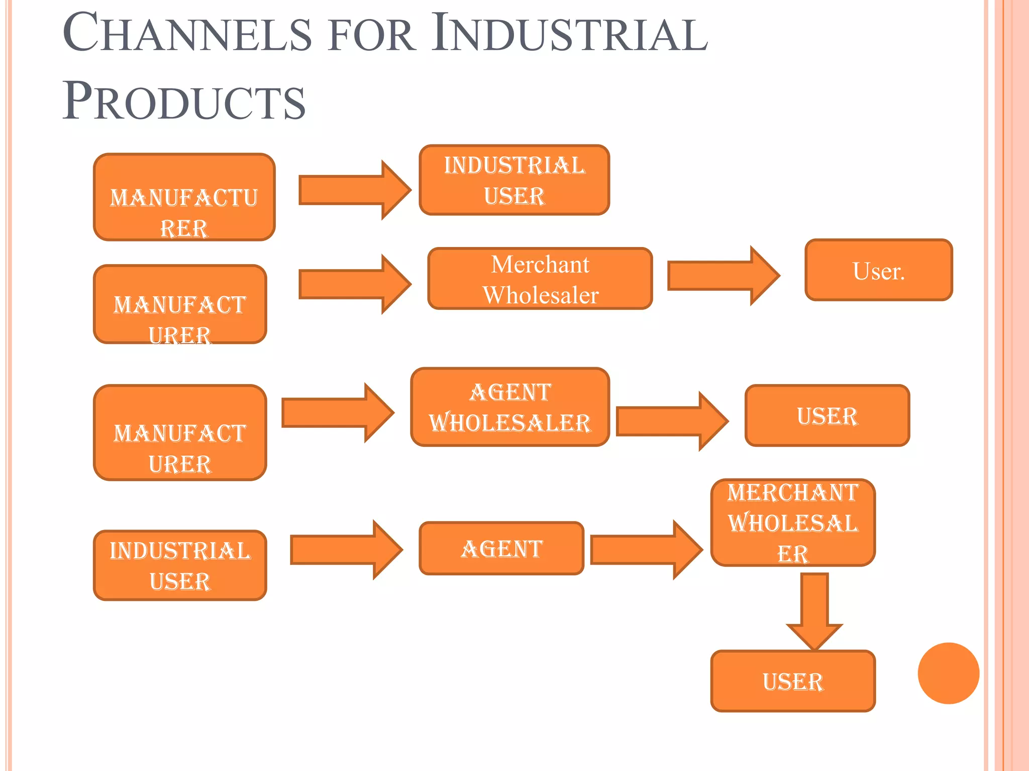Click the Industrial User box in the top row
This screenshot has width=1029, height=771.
[x=514, y=180]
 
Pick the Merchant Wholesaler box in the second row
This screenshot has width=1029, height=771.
[x=540, y=279]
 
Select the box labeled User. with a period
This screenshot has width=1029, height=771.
[x=878, y=271]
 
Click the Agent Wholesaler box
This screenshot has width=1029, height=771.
[x=510, y=407]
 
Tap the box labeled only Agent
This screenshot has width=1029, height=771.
[x=501, y=548]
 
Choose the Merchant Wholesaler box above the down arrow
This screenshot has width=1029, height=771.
[x=793, y=523]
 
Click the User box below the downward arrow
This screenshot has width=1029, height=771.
[x=793, y=681]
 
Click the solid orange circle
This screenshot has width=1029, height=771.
[x=948, y=673]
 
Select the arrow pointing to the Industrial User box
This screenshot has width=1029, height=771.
[x=354, y=190]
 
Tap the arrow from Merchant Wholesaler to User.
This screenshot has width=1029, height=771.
[x=723, y=276]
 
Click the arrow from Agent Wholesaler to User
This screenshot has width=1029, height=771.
[x=671, y=422]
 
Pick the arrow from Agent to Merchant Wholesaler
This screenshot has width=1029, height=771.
[x=646, y=550]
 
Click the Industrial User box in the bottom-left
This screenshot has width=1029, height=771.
[x=180, y=565]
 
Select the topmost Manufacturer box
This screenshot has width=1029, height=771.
[x=184, y=197]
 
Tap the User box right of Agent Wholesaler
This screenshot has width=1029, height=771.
[x=827, y=416]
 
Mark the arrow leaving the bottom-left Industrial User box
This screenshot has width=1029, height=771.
[x=346, y=550]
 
